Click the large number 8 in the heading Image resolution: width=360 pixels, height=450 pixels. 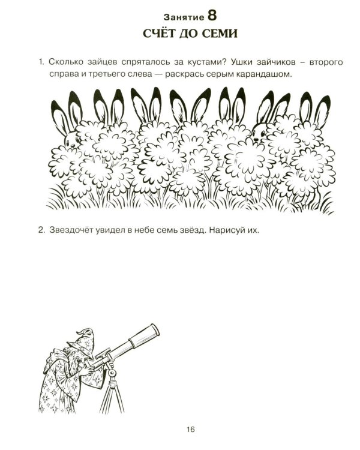point(212,16)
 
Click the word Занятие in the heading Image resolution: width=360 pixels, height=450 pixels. point(184,17)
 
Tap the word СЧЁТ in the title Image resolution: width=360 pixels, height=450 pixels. point(159,33)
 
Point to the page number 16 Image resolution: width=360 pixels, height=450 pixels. point(191,430)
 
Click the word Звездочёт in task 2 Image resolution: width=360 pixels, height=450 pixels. point(71,230)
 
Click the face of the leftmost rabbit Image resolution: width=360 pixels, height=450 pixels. point(71,140)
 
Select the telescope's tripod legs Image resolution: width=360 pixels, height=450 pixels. point(113,395)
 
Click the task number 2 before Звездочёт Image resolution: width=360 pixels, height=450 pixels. point(41,230)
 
